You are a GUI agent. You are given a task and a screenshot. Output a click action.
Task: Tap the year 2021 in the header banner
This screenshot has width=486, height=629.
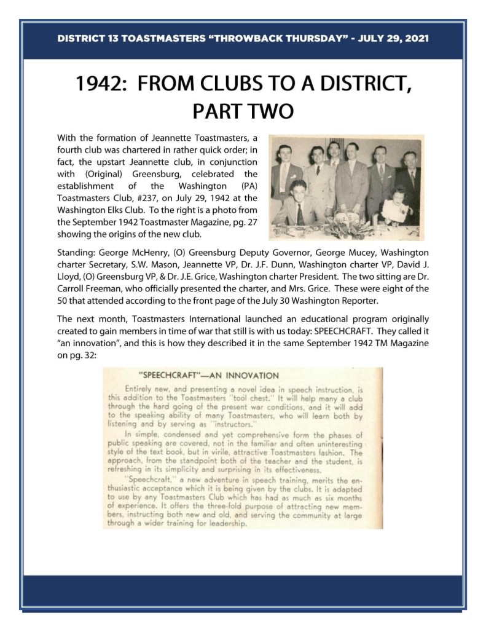click(x=415, y=38)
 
